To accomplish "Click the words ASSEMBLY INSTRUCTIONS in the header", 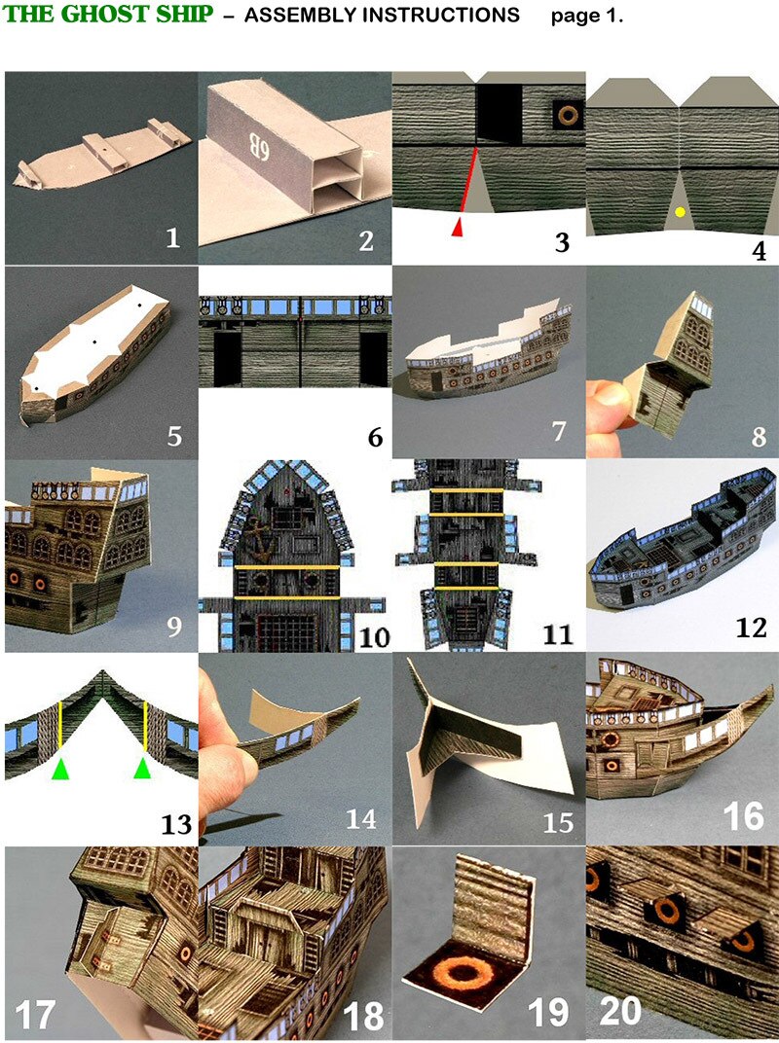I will pos(382,17).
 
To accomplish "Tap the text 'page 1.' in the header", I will pos(586,17).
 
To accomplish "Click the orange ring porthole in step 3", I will pos(565,115).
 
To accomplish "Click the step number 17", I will pos(36,1014).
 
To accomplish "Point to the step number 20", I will pos(619,1014).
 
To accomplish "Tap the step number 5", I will pos(173,435).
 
